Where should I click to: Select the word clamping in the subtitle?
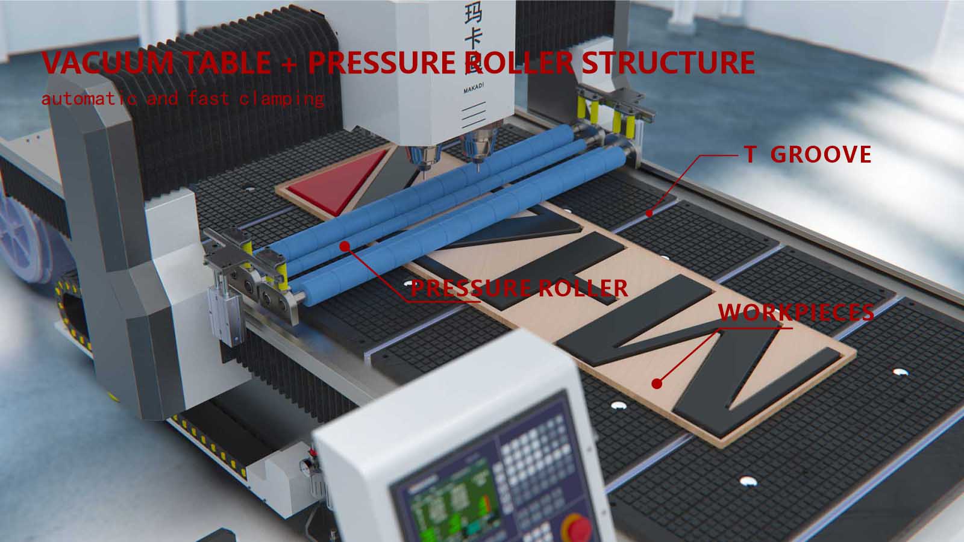[282, 98]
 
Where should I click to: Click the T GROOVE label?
[807, 155]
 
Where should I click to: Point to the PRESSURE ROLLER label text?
[519, 288]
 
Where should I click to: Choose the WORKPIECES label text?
[796, 312]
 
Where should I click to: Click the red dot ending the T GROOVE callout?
[649, 213]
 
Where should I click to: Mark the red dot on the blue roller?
[344, 246]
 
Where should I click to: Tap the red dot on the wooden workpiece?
[657, 383]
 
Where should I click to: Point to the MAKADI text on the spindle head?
[472, 91]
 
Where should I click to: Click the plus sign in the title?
[289, 63]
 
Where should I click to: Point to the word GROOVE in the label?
[821, 155]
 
